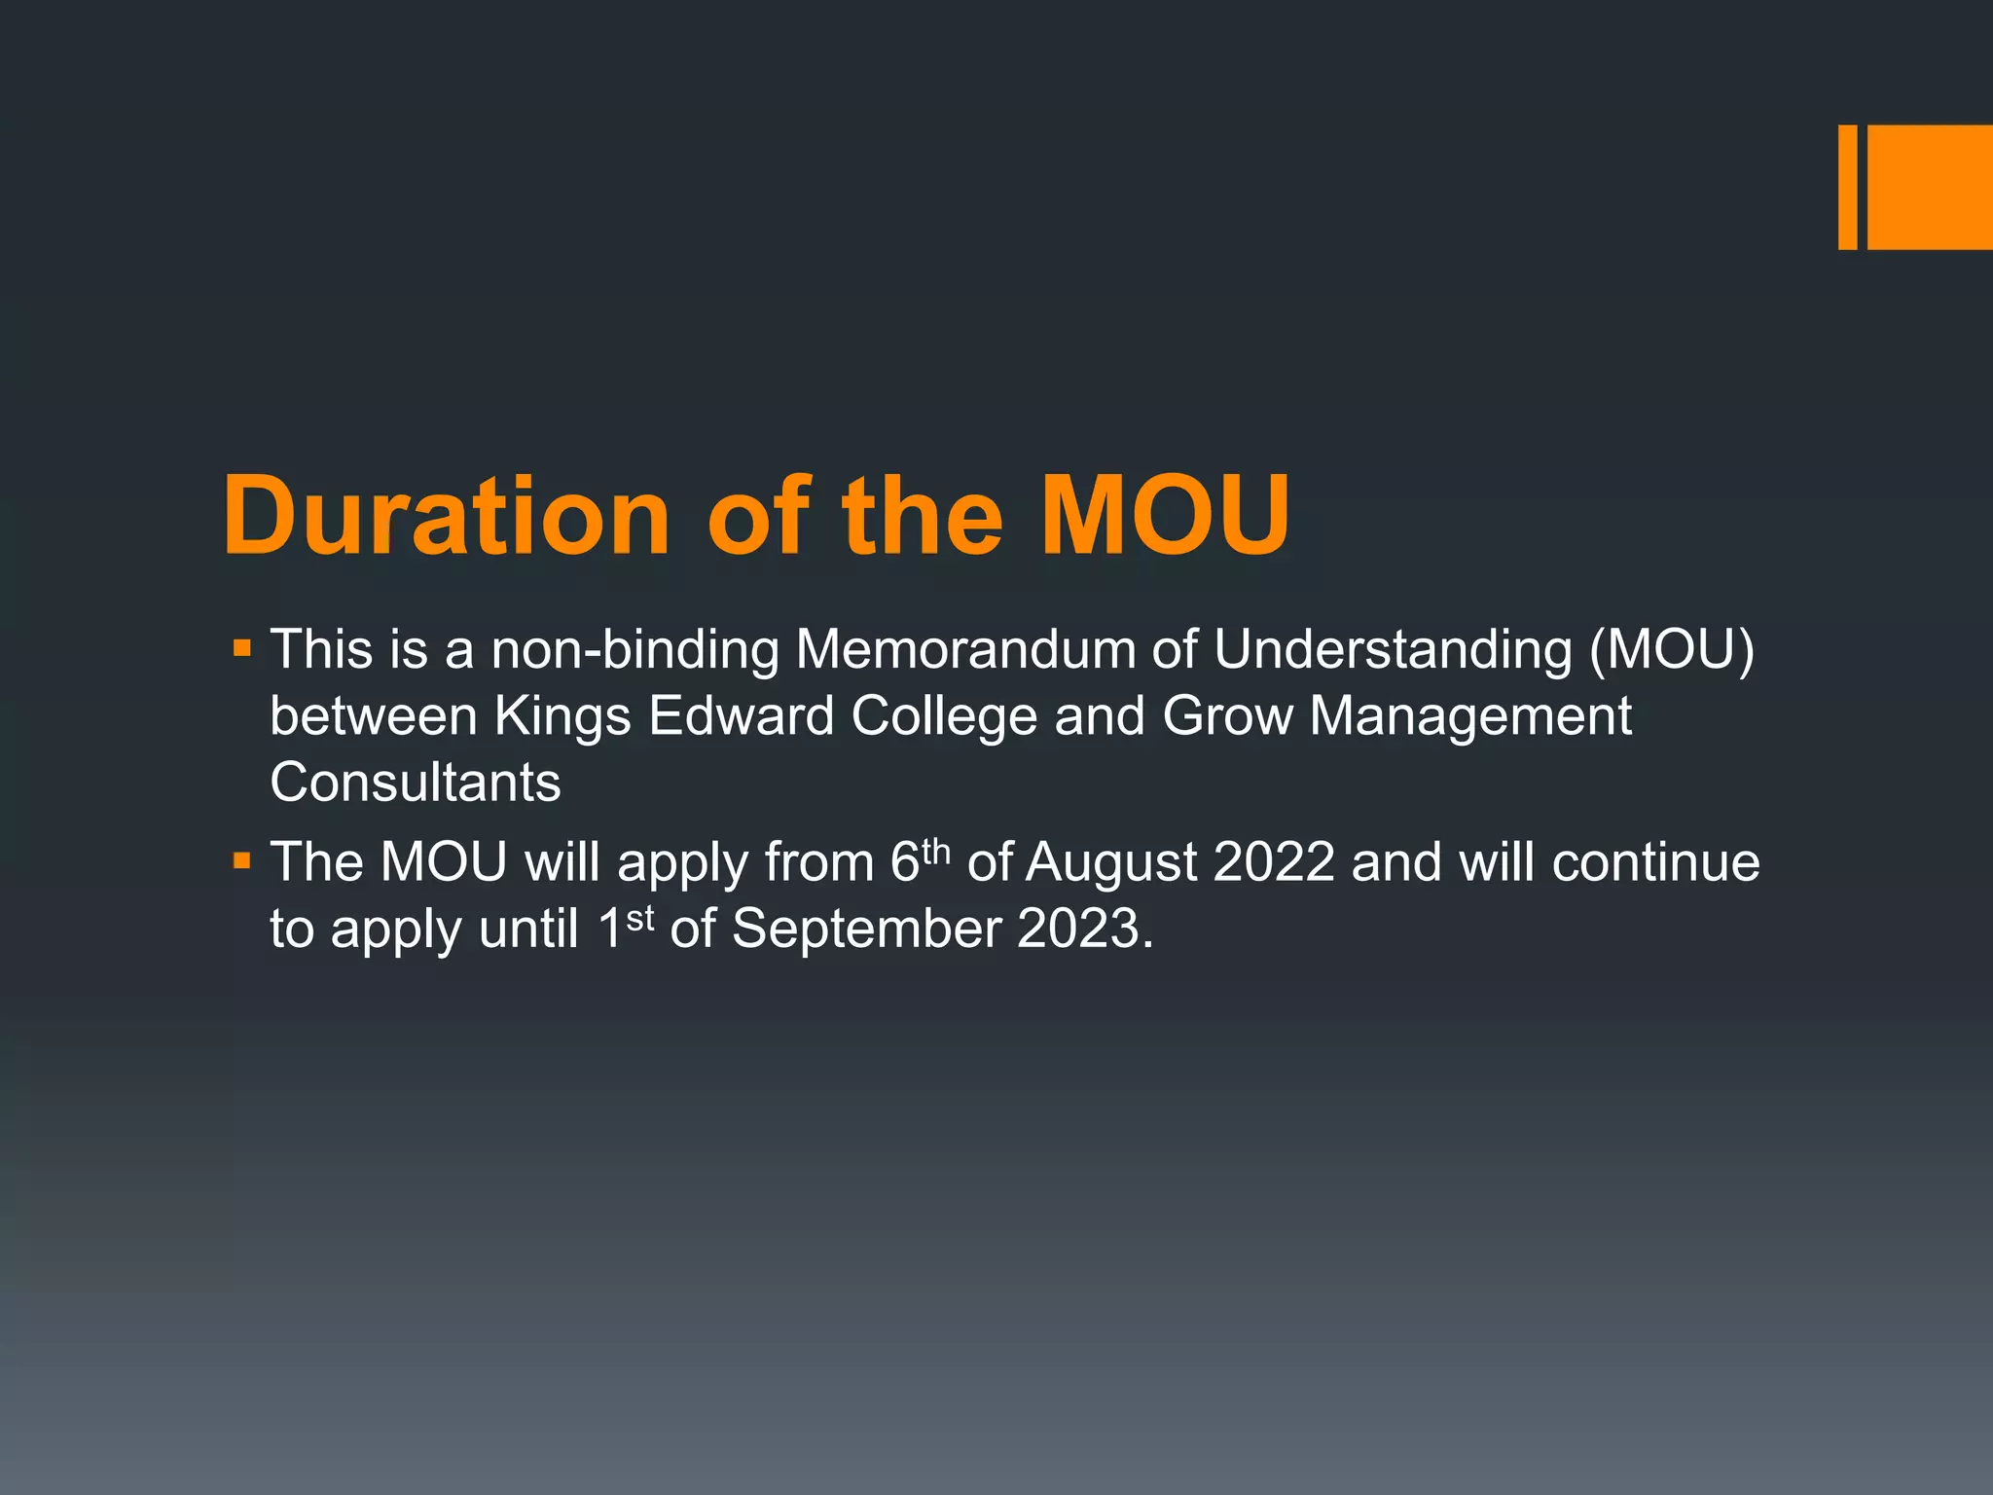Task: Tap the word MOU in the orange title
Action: [x=1165, y=516]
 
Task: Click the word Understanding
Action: [x=1393, y=649]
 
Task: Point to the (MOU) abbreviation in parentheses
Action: [x=1671, y=649]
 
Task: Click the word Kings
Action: [x=563, y=717]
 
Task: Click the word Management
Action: [x=1469, y=717]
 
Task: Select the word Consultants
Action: [x=416, y=782]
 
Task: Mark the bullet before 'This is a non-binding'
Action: [x=242, y=647]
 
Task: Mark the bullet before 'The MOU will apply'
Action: [x=242, y=860]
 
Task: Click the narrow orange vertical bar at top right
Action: [x=1847, y=187]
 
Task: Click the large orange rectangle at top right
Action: [x=1930, y=187]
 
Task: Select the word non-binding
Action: [x=634, y=649]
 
